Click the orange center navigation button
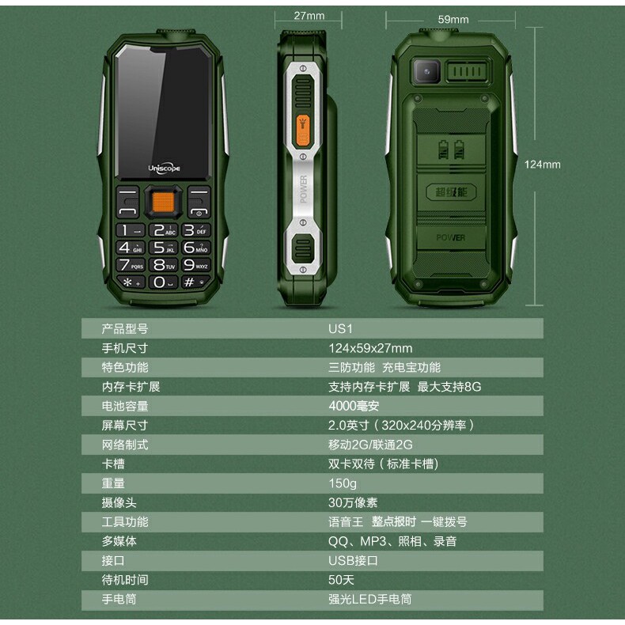click(163, 202)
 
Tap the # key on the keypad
click(195, 282)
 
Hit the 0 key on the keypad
click(163, 282)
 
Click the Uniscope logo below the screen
click(164, 169)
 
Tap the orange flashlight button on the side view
click(303, 131)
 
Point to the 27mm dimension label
click(309, 16)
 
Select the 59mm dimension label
click(453, 19)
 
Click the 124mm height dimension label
click(542, 165)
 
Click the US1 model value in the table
click(340, 329)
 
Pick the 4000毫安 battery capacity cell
click(354, 406)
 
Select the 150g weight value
click(342, 483)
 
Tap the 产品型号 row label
click(125, 329)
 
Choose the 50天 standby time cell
click(341, 580)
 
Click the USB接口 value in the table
click(353, 561)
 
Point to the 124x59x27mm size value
click(370, 348)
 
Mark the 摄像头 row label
click(119, 502)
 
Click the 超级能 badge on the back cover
click(451, 192)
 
